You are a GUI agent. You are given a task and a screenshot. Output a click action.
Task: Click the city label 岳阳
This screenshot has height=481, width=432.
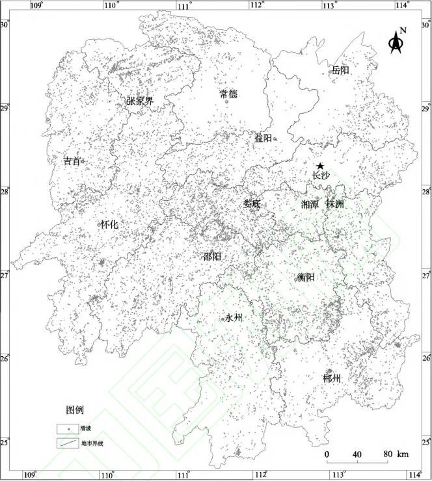tap(340, 70)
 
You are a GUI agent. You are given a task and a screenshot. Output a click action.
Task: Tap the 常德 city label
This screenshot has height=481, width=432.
tap(228, 94)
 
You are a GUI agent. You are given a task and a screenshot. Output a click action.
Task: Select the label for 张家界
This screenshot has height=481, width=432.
tap(140, 101)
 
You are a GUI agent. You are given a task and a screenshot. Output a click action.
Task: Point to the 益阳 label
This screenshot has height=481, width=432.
tap(263, 138)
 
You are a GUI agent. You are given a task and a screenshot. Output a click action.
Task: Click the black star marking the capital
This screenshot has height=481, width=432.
tap(319, 166)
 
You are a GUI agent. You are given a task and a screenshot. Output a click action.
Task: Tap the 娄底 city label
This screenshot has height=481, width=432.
tap(252, 203)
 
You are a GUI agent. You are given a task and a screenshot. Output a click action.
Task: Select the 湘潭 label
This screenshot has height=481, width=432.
tap(310, 204)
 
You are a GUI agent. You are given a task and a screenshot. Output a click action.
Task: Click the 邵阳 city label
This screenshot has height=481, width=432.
tap(212, 256)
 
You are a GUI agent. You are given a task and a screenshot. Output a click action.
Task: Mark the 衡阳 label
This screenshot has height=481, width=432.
tap(306, 277)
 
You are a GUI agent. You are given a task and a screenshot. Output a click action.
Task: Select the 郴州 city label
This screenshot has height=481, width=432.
tap(332, 378)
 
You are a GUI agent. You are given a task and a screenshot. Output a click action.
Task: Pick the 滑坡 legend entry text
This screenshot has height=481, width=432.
tap(85, 429)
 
